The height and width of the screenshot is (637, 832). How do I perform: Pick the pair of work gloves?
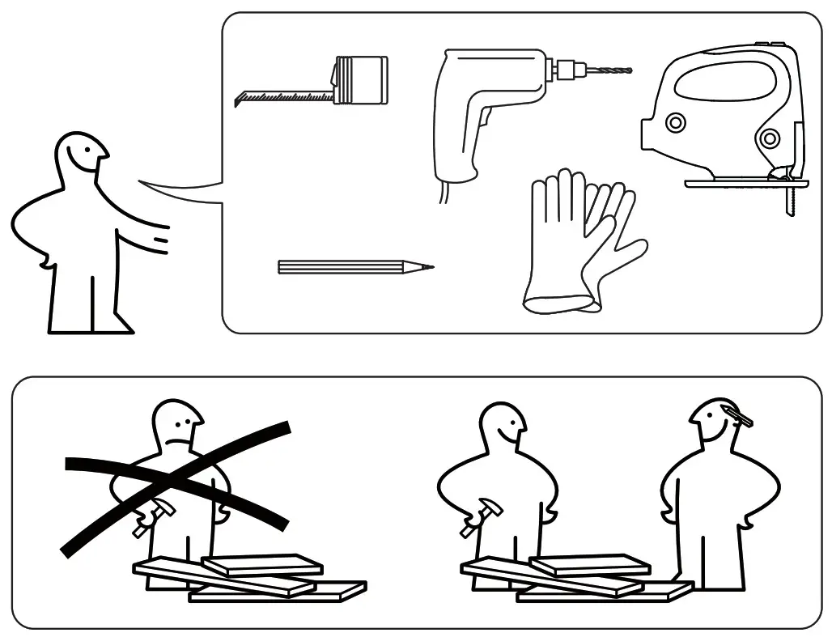coord(579,243)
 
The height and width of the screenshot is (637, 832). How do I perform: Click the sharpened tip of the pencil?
coord(429,267)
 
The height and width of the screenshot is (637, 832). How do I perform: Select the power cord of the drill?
coord(444,192)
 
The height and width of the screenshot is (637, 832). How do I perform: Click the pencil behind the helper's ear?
coord(737,415)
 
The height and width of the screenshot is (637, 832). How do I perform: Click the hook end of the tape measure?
coord(238,100)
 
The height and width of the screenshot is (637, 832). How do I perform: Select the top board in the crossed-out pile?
coord(262,564)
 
